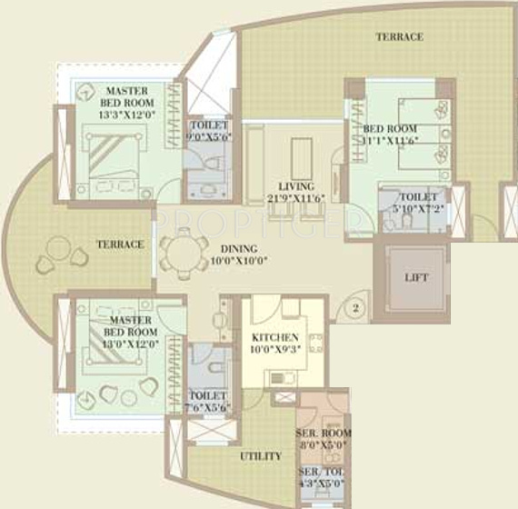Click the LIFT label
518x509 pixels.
(416, 277)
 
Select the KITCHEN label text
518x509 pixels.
(275, 338)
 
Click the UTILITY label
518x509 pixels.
(261, 455)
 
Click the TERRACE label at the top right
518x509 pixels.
(400, 37)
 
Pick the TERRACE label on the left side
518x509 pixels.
(121, 245)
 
